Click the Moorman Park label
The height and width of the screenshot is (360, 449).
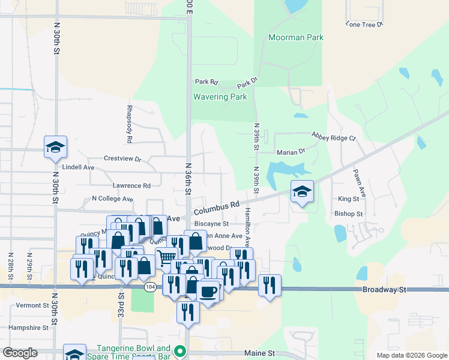(x=296, y=37)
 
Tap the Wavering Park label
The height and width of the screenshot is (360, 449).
(x=220, y=97)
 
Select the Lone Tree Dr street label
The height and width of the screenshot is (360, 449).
(x=364, y=25)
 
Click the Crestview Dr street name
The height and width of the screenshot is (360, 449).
(x=122, y=159)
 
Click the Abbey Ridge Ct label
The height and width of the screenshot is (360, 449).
(x=333, y=137)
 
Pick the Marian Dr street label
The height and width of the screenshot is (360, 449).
(x=291, y=152)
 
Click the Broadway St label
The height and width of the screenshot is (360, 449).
(x=384, y=289)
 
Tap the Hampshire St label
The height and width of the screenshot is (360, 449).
(x=28, y=328)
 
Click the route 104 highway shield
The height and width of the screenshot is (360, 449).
(x=151, y=288)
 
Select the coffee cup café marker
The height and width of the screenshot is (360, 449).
(x=208, y=292)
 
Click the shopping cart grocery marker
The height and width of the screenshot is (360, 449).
(x=167, y=259)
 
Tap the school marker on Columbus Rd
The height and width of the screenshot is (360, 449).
(x=302, y=192)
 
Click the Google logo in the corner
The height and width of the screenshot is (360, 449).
(x=20, y=353)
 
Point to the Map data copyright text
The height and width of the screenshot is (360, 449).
(x=411, y=355)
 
